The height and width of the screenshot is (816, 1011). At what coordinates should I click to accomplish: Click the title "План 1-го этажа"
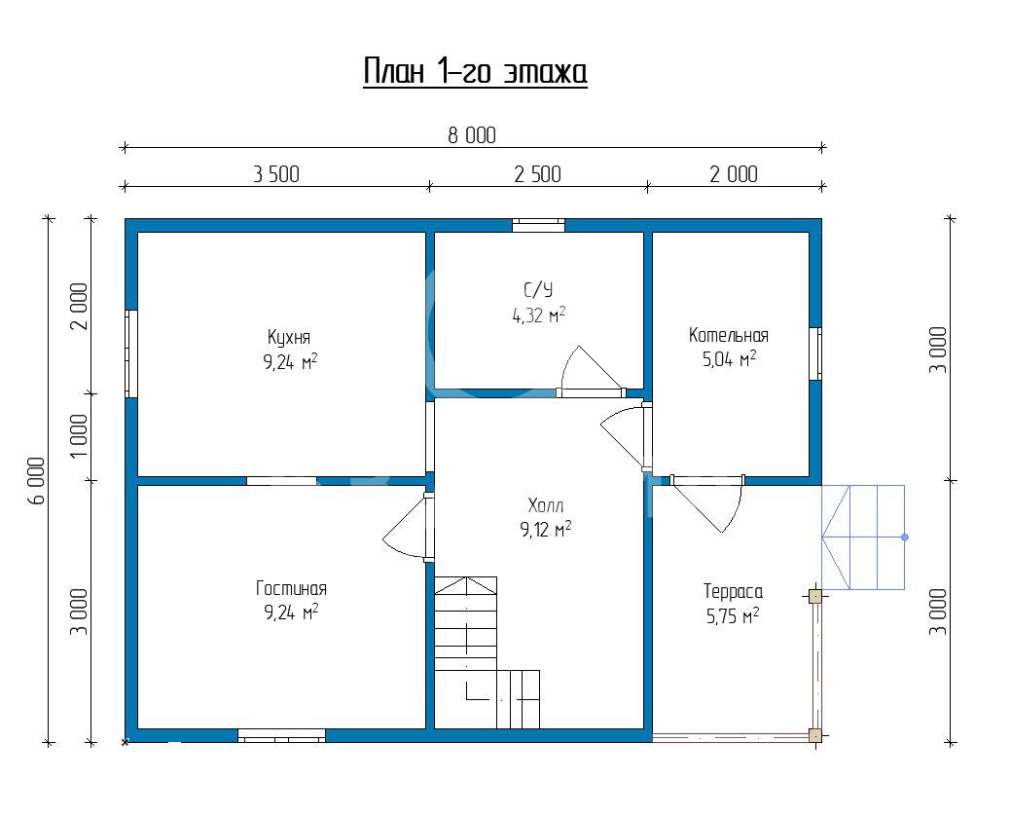point(475,71)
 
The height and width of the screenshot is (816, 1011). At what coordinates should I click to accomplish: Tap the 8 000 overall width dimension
point(472,135)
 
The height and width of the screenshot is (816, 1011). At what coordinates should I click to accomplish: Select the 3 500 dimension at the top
point(276,174)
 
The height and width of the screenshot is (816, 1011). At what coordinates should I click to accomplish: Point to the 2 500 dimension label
point(537,174)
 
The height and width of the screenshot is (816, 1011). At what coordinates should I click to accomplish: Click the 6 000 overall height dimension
point(37,481)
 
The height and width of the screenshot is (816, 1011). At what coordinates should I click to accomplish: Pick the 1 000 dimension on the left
point(79,436)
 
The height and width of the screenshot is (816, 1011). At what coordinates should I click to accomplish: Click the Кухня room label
point(289,337)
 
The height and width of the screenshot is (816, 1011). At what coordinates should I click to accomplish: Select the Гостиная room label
point(291,588)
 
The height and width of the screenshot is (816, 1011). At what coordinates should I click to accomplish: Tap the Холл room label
point(546,504)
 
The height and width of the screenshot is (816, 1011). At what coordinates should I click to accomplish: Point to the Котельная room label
point(729,335)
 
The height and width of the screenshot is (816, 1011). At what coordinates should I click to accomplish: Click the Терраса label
point(733,591)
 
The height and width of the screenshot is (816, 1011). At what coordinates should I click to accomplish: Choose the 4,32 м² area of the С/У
point(539,315)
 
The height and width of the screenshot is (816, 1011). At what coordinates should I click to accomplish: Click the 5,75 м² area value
point(733,616)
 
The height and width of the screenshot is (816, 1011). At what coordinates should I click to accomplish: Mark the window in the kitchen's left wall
point(131,353)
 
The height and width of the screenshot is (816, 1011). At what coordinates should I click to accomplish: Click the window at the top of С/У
point(538,225)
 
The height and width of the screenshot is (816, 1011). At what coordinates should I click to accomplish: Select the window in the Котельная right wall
point(815,353)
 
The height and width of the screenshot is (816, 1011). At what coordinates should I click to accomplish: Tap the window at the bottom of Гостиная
point(282,735)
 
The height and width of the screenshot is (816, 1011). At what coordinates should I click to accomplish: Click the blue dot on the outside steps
point(905,537)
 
